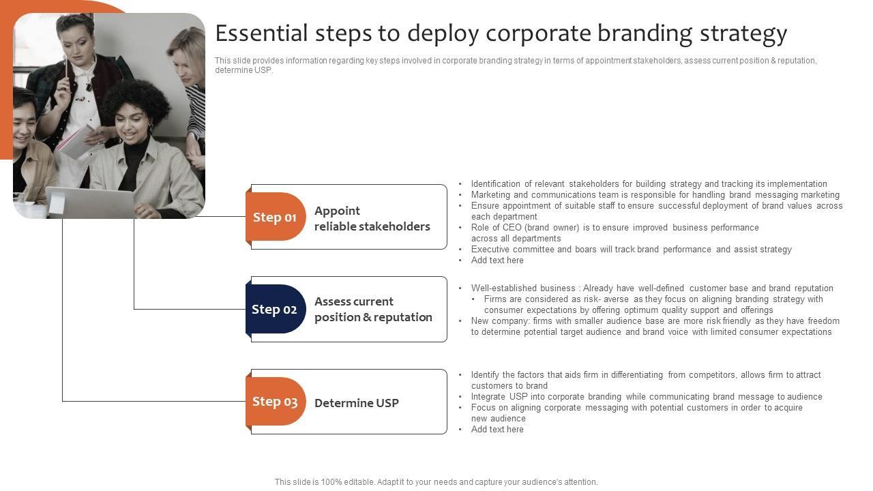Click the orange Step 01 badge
point(275,217)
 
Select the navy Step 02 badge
point(275,309)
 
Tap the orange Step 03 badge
point(275,402)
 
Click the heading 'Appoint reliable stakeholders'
point(372,218)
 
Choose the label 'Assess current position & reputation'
point(373,309)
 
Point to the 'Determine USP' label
point(356,403)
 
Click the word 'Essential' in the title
point(261,33)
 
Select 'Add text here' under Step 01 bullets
point(497,261)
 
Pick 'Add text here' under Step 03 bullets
point(497,430)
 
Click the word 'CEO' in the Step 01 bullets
point(512,228)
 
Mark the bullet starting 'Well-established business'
point(652,288)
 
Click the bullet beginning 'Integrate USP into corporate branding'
point(646,397)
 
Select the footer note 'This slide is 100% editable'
point(436,482)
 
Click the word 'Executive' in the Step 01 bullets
point(491,250)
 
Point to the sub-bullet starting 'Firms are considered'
point(653,299)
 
